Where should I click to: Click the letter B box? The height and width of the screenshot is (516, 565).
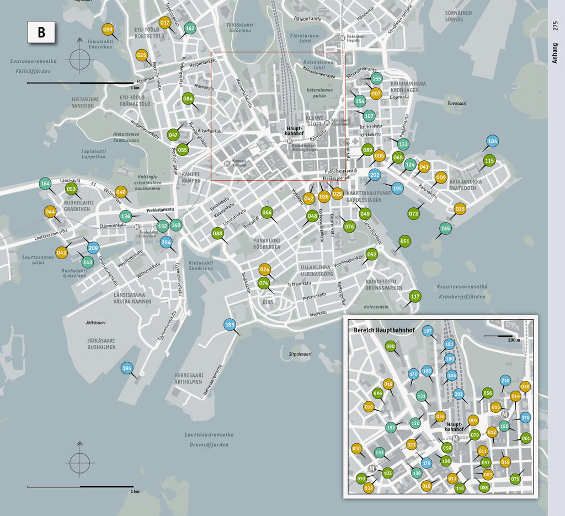tap(41, 33)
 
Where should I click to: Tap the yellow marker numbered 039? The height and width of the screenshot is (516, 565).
tap(108, 30)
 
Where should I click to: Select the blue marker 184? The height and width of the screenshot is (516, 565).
tap(492, 141)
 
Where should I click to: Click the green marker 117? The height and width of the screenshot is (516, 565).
tap(415, 297)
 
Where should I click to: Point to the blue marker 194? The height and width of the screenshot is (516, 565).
tap(127, 368)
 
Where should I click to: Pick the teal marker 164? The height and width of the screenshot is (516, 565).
tap(45, 184)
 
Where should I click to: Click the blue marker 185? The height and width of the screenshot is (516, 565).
tap(230, 325)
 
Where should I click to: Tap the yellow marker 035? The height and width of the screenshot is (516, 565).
tap(460, 208)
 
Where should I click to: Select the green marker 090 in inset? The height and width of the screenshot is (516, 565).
tap(391, 346)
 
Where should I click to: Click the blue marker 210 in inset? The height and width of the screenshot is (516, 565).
tap(505, 380)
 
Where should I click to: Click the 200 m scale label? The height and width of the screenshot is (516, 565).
tap(514, 340)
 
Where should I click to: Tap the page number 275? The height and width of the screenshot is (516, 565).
tap(556, 25)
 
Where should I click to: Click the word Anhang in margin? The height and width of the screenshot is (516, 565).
tap(556, 53)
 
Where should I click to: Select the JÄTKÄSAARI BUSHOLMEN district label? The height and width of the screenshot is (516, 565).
tap(102, 344)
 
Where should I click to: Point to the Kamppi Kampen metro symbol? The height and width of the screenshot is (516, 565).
tap(228, 164)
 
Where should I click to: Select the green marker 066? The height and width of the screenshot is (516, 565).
tap(267, 212)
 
